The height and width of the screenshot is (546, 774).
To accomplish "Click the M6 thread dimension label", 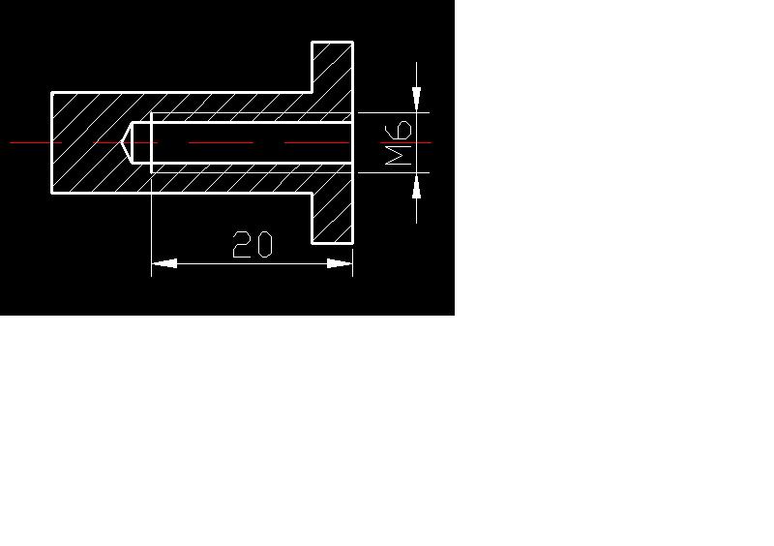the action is click(x=398, y=143).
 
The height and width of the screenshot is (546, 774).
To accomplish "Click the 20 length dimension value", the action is click(x=253, y=244).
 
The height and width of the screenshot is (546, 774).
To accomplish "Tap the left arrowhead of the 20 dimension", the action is click(x=164, y=264).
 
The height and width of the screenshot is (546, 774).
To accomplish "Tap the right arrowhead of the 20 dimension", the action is click(x=340, y=264).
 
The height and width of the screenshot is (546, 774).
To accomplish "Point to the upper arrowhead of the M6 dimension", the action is click(x=417, y=99).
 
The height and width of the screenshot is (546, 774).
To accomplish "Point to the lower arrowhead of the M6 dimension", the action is click(x=417, y=186).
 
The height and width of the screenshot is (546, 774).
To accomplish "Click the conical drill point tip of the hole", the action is click(x=122, y=143).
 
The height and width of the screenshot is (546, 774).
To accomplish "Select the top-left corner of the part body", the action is click(x=52, y=92).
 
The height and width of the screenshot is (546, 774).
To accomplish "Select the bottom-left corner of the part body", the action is click(x=52, y=194).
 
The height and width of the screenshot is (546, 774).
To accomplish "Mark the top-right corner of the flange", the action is click(x=353, y=43).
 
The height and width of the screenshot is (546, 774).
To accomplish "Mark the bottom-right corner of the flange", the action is click(x=353, y=243).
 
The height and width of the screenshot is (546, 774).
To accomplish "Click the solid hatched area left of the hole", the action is click(x=86, y=143).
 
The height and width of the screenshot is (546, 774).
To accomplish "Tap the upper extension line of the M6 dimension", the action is click(x=394, y=112).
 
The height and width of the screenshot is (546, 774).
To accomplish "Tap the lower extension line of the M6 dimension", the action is click(x=394, y=173).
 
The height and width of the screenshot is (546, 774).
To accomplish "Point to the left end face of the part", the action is click(x=52, y=143).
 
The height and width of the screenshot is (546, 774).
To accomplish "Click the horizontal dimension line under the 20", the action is click(x=252, y=264).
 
